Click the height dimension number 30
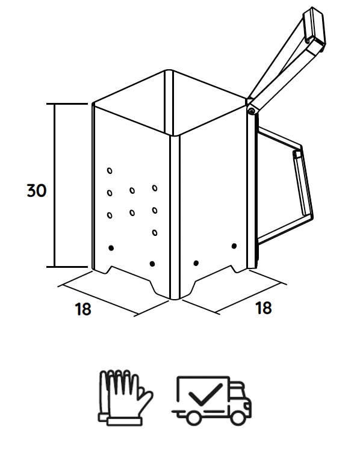pos(36,191)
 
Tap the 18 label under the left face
pos(83,309)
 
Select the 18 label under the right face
pos(263,308)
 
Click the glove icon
pos(125,398)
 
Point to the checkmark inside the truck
pos(206,394)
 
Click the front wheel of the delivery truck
pos(238,417)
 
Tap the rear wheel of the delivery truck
pos(194,417)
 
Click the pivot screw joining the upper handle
pos(252,111)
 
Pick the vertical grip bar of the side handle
pos(303,183)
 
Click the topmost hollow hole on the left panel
pos(110,171)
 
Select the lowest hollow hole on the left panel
pos(155,232)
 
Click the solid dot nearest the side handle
pos(234,246)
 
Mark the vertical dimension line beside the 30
pos(54,185)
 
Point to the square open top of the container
pos(170,102)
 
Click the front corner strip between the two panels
pos(175,217)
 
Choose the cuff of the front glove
pos(124,421)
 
